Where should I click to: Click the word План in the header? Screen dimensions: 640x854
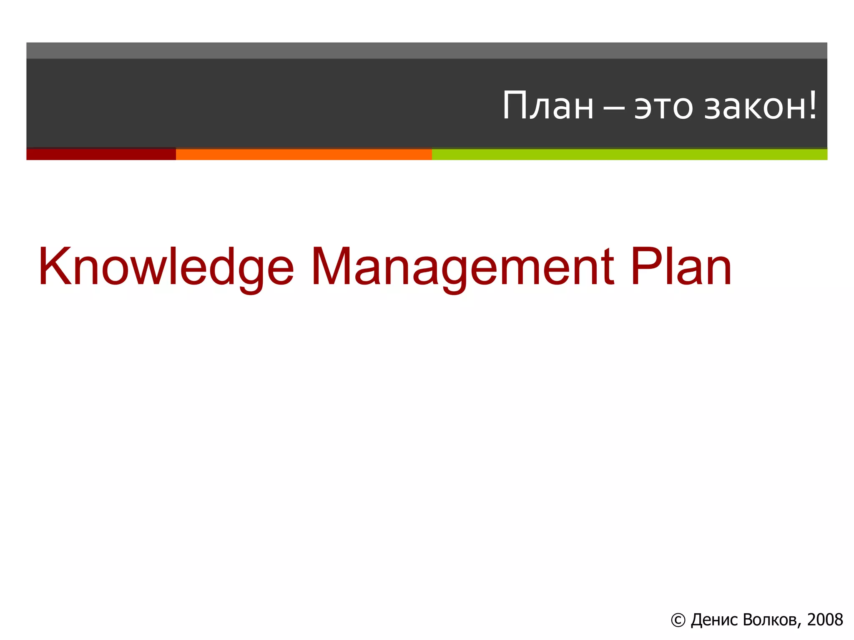[548, 106]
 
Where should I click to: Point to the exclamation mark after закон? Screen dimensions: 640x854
[812, 105]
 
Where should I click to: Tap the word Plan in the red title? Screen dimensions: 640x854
[681, 267]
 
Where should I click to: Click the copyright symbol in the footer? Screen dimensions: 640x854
[678, 620]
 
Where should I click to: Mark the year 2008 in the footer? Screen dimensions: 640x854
[825, 620]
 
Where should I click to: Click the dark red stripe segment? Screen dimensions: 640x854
[101, 154]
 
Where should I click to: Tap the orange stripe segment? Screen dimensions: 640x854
[304, 154]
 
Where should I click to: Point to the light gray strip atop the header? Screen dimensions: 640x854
[427, 50]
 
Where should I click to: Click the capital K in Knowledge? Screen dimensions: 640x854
[53, 267]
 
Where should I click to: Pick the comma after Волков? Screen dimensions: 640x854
[800, 625]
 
